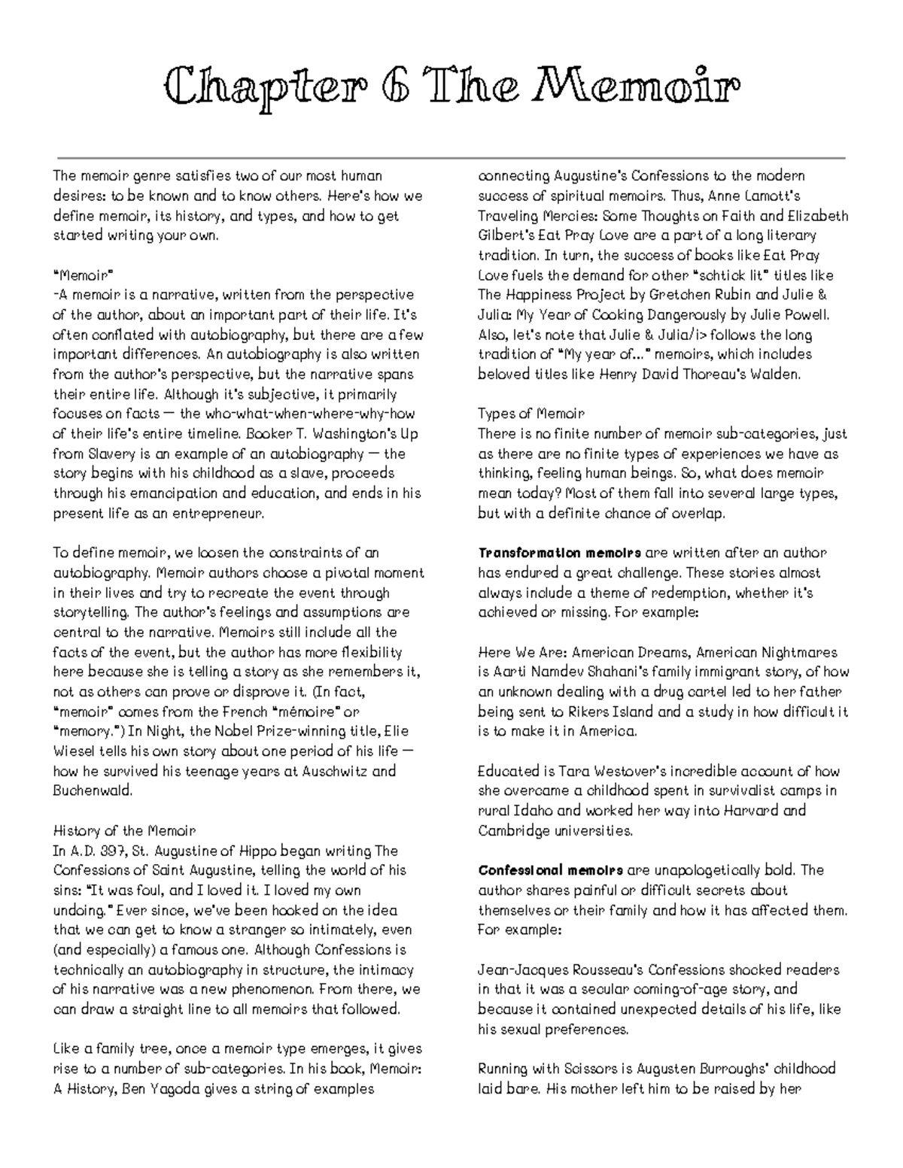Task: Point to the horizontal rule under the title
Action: coord(451,159)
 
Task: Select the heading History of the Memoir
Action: coord(124,831)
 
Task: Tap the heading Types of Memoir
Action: coord(531,414)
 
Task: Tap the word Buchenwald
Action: coord(93,790)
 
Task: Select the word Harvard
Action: coord(754,811)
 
